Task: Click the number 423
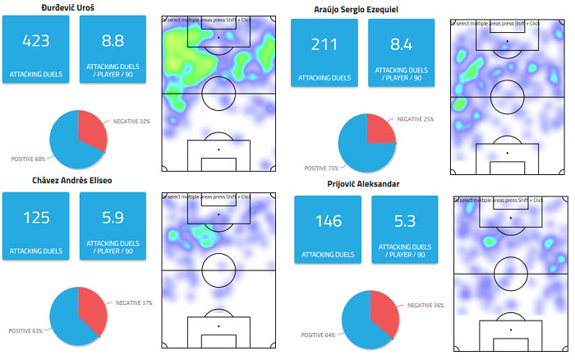pos(36,40)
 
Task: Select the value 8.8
pos(113,40)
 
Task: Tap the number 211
pos(324,44)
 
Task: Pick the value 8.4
pos(402,44)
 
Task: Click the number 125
pos(36,218)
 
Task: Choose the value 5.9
pos(113,218)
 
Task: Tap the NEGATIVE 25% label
pos(417,119)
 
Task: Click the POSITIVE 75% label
pos(323,168)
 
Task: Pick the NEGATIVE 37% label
pos(134,303)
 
